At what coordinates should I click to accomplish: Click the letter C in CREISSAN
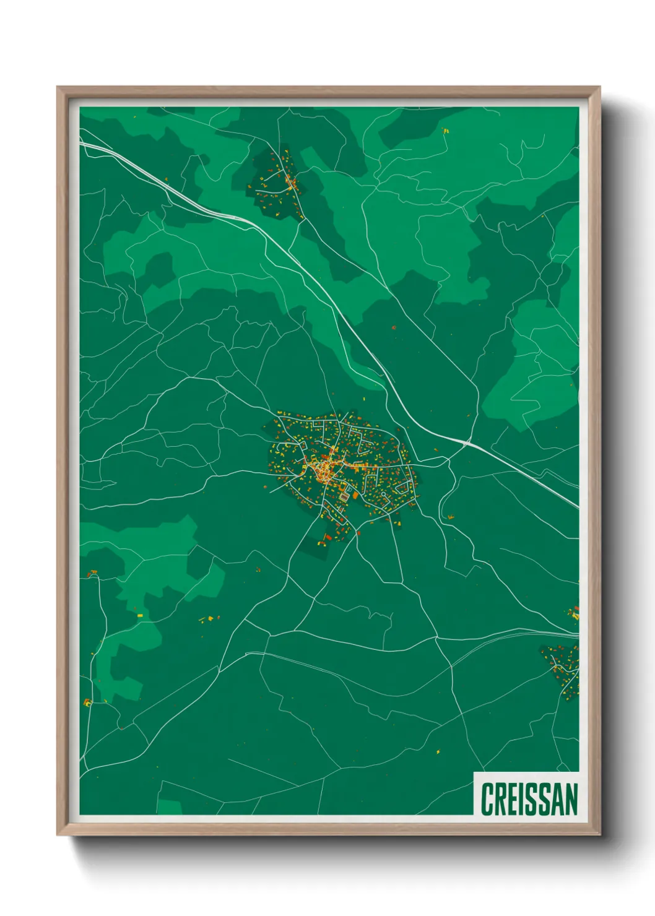coord(487,799)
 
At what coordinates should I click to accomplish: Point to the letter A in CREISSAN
coord(556,799)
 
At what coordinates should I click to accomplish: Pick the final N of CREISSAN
coord(571,799)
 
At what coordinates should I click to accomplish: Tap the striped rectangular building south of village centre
coord(344,496)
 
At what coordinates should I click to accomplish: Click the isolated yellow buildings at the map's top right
coord(445,131)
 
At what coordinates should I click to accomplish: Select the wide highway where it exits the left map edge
coord(82,144)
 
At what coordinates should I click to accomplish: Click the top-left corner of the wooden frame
coord(58,89)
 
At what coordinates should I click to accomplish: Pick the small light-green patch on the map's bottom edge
coord(168,807)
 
